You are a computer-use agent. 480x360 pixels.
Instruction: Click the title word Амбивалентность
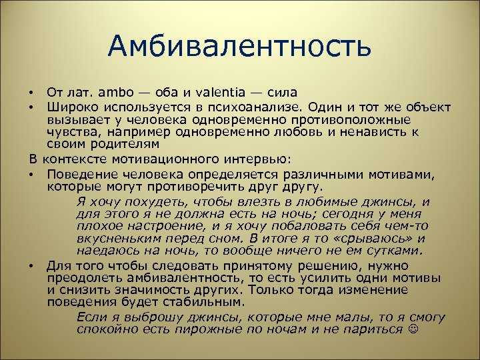click(239, 46)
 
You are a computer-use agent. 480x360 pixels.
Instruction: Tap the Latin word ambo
click(116, 92)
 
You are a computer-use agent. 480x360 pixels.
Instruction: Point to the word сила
click(282, 93)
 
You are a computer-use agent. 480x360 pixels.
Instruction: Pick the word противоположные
click(351, 120)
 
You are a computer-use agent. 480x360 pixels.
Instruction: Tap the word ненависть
click(372, 132)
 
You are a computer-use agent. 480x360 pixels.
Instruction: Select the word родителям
click(125, 145)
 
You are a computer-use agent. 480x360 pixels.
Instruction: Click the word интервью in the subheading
click(257, 159)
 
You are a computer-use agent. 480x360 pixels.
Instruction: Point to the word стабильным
click(203, 302)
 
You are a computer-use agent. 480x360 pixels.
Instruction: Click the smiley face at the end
click(413, 329)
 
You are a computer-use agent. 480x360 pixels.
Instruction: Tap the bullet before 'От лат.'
click(31, 93)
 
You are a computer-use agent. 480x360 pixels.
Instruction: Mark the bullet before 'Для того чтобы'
click(31, 266)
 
